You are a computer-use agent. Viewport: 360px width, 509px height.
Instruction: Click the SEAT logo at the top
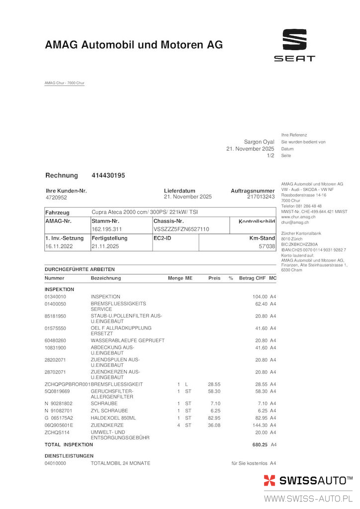(294, 45)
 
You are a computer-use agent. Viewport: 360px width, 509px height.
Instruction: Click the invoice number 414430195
(108, 175)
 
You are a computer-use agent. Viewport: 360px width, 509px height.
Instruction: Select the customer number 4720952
(56, 197)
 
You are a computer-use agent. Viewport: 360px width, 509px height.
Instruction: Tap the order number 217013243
(261, 197)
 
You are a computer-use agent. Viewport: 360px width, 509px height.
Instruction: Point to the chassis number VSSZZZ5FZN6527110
(181, 229)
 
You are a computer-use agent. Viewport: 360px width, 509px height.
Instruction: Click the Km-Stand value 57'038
(268, 246)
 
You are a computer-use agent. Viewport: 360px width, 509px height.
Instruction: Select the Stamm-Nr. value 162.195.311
(107, 229)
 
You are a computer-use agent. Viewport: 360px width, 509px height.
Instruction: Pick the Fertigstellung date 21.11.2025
(105, 246)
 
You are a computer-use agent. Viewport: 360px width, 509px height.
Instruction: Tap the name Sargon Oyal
(259, 142)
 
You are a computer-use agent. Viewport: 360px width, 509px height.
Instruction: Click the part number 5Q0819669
(59, 391)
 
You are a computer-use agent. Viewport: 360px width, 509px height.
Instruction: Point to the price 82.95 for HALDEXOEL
(214, 418)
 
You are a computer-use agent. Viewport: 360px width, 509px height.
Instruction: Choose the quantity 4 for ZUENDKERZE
(179, 425)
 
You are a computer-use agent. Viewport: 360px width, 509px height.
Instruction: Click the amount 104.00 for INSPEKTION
(260, 296)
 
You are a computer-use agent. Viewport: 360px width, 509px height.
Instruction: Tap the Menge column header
(175, 278)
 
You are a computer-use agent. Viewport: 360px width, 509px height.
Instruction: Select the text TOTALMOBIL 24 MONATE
(120, 463)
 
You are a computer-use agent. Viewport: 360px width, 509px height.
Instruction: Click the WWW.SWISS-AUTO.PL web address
(308, 498)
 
